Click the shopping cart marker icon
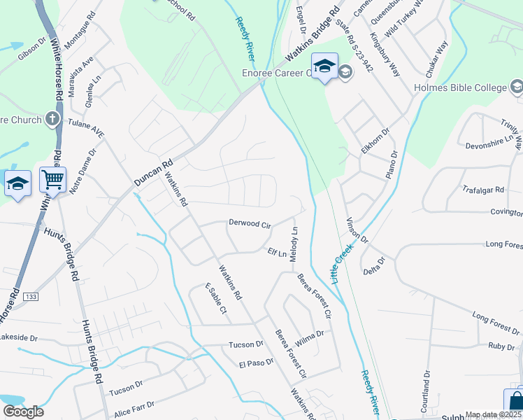[53, 181]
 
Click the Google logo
[23, 412]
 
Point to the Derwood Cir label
[250, 223]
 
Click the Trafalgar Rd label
[483, 190]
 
